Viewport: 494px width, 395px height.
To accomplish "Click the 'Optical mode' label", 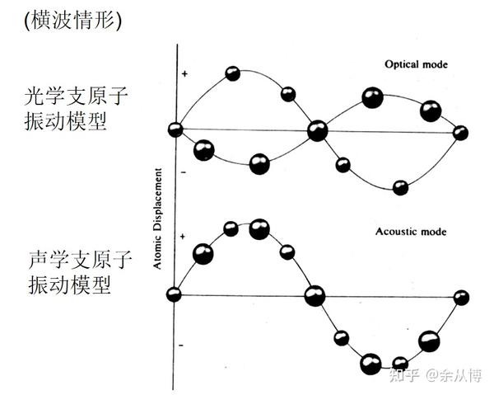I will pos(414,63).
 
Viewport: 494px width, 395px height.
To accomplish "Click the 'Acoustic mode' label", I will pos(412,232).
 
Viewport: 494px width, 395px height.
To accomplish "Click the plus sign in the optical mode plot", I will pos(184,73).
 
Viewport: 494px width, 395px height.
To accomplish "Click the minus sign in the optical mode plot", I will pos(184,171).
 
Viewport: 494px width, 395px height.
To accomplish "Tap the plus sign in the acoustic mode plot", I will pos(184,237).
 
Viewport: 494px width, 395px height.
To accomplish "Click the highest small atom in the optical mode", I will pos(232,73).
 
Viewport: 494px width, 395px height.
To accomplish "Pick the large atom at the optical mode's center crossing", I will pos(317,130).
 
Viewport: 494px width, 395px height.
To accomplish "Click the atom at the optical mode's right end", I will pos(460,133).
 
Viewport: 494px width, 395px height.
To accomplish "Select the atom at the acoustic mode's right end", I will pos(461,297).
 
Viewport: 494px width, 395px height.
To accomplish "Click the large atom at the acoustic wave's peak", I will pos(259,228).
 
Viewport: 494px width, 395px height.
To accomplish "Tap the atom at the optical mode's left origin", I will pos(175,129).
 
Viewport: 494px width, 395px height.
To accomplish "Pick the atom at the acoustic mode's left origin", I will pos(174,294).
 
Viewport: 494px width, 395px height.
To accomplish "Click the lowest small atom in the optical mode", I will pos(400,187).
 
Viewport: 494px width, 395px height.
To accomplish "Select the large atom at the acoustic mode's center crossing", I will pos(314,295).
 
